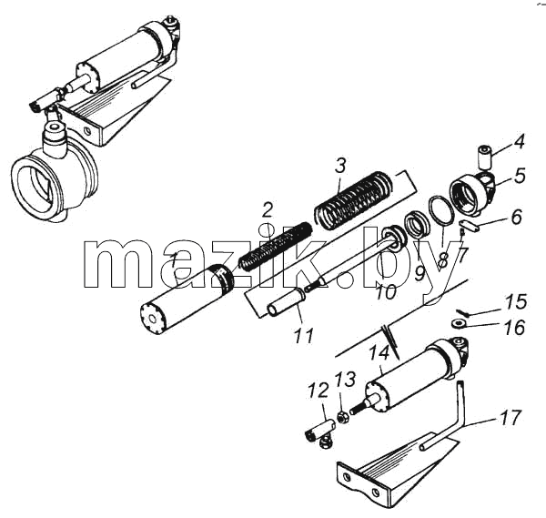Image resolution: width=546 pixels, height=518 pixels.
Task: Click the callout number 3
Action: coord(340,166)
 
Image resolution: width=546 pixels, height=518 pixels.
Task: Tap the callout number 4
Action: coord(519,142)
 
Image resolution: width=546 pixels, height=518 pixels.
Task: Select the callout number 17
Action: coord(511,417)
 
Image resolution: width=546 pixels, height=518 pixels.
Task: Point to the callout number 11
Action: coord(304,335)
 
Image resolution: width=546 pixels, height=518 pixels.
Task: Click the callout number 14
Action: coord(379,353)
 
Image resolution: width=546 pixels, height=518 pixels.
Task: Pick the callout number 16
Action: coord(514,328)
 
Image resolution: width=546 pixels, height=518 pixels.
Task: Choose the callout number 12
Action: coord(319,391)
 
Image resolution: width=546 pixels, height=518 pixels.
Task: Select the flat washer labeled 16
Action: coord(459,323)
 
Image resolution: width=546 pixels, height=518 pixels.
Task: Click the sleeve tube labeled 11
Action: coord(286,304)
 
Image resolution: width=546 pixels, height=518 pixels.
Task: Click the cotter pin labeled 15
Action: coord(462,312)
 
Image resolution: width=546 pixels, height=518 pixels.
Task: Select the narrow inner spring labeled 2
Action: coord(275,247)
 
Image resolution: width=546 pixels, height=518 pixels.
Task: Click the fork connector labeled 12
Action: coord(319,432)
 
